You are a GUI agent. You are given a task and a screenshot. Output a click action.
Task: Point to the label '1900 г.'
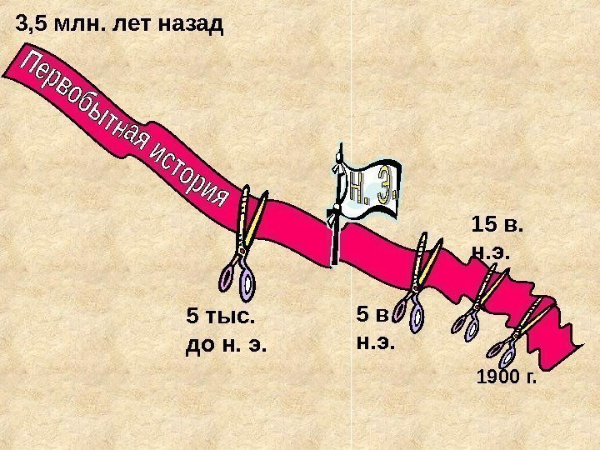click(x=507, y=379)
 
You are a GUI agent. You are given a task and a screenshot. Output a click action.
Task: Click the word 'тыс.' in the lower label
click(x=234, y=317)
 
